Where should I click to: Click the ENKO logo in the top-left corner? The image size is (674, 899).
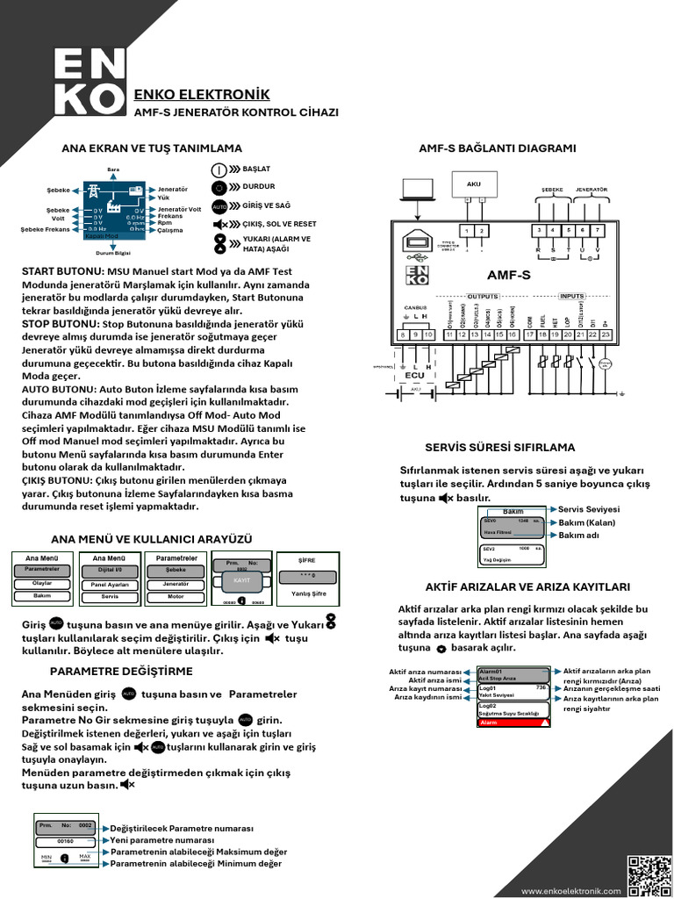[x=90, y=81]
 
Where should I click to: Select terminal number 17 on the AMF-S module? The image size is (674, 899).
[x=529, y=334]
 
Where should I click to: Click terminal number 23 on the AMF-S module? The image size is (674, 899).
[x=606, y=334]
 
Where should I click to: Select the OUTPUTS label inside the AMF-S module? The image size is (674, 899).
[x=482, y=296]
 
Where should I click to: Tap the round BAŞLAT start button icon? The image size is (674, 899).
[x=219, y=169]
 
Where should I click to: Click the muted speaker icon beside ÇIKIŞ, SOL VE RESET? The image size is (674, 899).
[x=219, y=224]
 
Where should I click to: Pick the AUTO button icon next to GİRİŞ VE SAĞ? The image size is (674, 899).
[x=219, y=205]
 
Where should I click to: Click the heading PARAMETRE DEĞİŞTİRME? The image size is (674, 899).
[x=120, y=672]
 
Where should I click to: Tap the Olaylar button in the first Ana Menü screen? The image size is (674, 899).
[x=42, y=582]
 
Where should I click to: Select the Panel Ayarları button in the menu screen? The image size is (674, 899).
[x=111, y=583]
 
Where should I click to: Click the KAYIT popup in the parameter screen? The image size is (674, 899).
[x=240, y=580]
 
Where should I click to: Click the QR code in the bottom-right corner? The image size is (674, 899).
[x=648, y=875]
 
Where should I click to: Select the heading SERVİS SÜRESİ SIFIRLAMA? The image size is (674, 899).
[x=499, y=447]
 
